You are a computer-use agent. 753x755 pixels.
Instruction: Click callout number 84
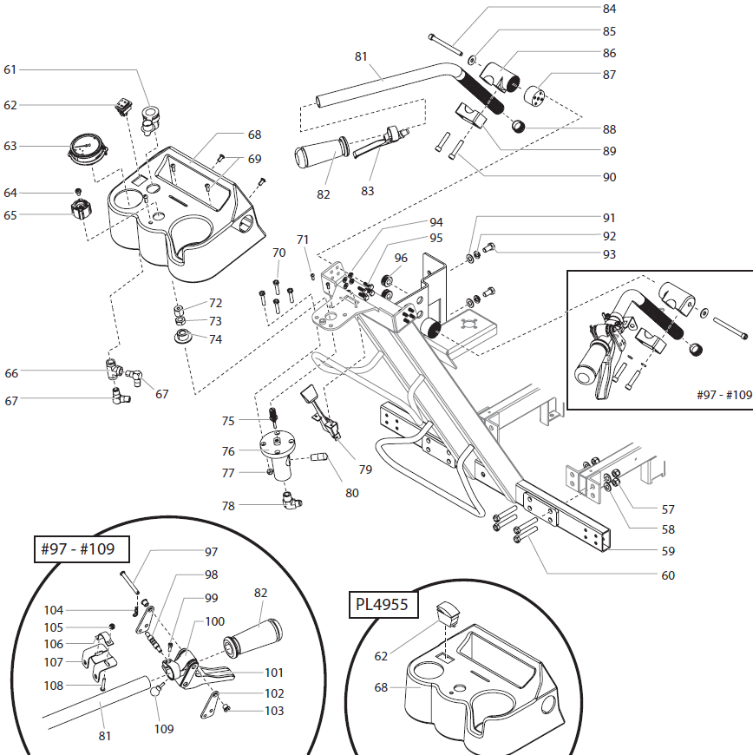(x=609, y=10)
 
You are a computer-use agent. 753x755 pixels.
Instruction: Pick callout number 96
(x=401, y=258)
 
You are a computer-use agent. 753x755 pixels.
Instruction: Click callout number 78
(x=228, y=506)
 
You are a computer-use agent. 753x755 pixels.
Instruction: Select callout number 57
(x=668, y=509)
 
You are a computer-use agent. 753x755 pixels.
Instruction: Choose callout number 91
(x=609, y=218)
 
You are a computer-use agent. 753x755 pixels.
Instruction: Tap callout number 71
(x=303, y=240)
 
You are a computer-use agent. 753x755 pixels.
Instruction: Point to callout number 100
(x=215, y=622)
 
